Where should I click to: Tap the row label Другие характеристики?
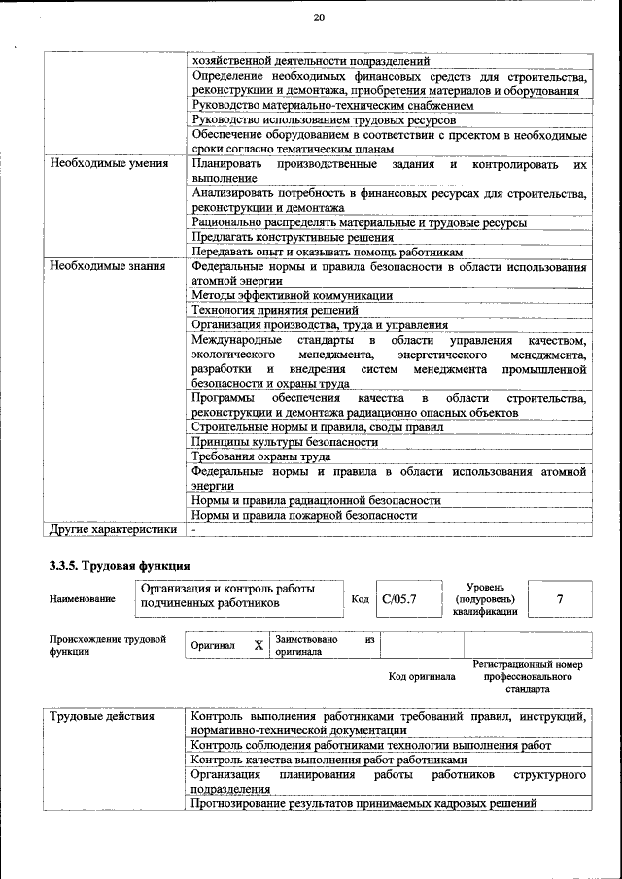click(x=114, y=529)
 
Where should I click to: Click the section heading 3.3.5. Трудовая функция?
click(x=120, y=565)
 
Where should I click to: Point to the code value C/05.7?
click(x=398, y=599)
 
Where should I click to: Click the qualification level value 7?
click(x=559, y=599)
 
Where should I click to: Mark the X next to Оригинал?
click(x=259, y=645)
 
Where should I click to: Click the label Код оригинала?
click(x=422, y=675)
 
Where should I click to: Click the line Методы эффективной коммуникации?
click(x=292, y=295)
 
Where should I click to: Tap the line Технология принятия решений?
click(x=278, y=311)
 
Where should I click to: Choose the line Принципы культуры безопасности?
click(x=285, y=442)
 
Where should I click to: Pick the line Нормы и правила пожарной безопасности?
click(x=304, y=515)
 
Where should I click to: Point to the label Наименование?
click(x=82, y=600)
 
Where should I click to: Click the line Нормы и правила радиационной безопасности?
click(x=316, y=500)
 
